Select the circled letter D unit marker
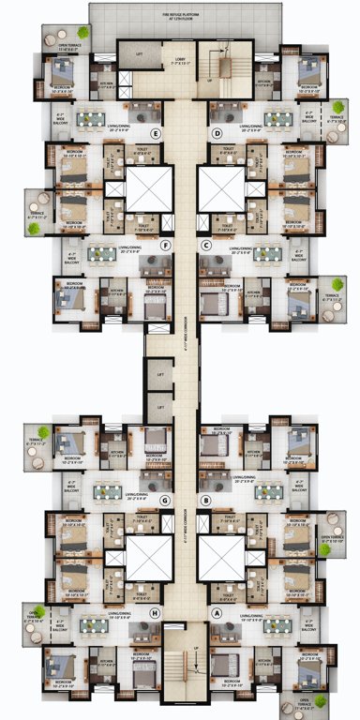tap(217, 133)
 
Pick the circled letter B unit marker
tap(204, 501)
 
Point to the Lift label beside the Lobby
tap(140, 55)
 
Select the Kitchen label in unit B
tap(251, 451)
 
